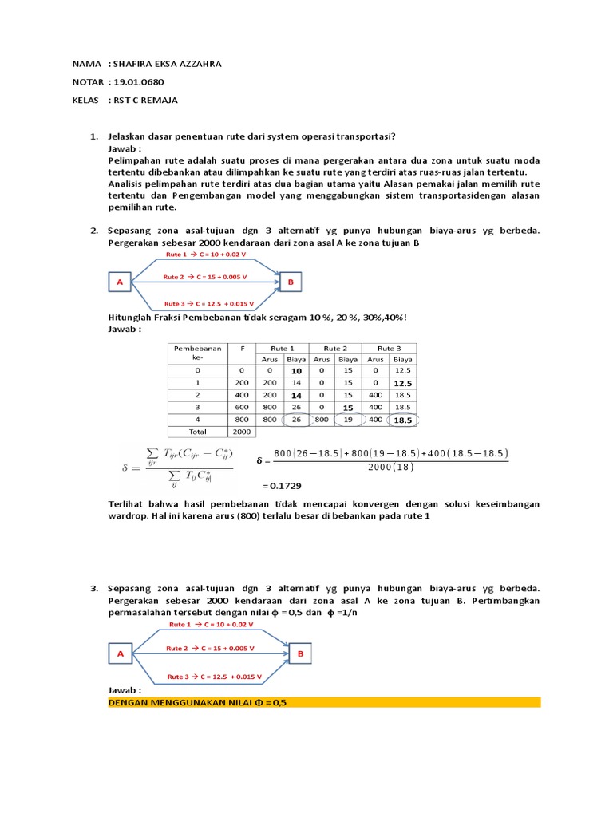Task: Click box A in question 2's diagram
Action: [120, 281]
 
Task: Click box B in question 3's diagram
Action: [301, 653]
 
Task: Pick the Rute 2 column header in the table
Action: [334, 348]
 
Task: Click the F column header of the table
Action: [241, 348]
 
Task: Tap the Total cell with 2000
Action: [240, 432]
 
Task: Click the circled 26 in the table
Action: [296, 419]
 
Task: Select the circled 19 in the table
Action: [348, 419]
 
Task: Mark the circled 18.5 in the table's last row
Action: [403, 419]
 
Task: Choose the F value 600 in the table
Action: [240, 407]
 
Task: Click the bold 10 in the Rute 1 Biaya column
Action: [296, 371]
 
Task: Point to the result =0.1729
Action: [281, 485]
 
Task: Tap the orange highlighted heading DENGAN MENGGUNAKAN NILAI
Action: [197, 702]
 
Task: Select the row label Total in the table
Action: [196, 432]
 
